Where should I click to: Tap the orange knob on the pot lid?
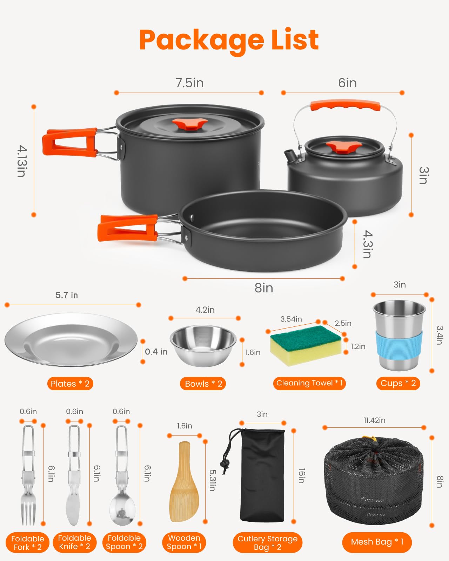tap(190, 124)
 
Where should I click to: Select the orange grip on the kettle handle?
tap(345, 105)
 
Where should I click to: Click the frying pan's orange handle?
tap(128, 228)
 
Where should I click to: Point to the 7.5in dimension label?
tap(189, 83)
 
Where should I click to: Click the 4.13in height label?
tap(22, 161)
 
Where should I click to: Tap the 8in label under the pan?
tap(264, 288)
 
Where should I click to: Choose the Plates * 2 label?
tap(70, 384)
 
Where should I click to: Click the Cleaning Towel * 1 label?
tap(309, 383)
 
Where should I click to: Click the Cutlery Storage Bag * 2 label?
tap(267, 542)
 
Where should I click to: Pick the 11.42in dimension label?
tap(374, 420)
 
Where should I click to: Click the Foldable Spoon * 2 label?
tap(124, 542)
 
